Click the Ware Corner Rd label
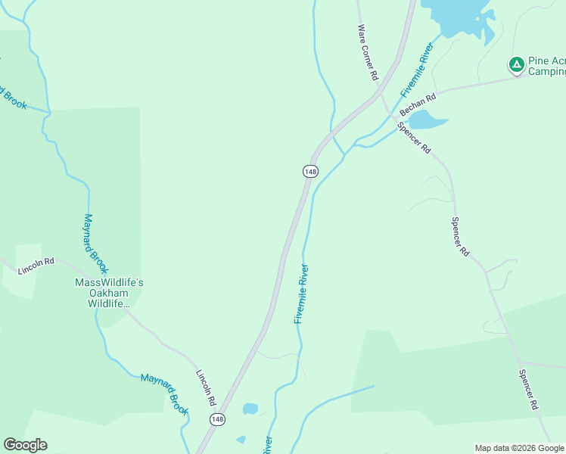(x=368, y=51)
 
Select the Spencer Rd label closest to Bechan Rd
(x=415, y=138)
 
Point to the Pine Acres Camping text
(x=546, y=67)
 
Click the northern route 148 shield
(x=310, y=172)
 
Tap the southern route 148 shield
(x=217, y=418)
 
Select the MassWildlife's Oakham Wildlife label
(x=109, y=293)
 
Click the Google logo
(x=25, y=445)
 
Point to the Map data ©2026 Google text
(x=519, y=448)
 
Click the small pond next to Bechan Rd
(x=427, y=120)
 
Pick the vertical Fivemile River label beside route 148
(x=301, y=294)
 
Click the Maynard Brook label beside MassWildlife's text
(x=95, y=244)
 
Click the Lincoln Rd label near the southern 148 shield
(x=206, y=387)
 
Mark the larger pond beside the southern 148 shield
(x=250, y=409)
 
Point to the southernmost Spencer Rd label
(x=530, y=390)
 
